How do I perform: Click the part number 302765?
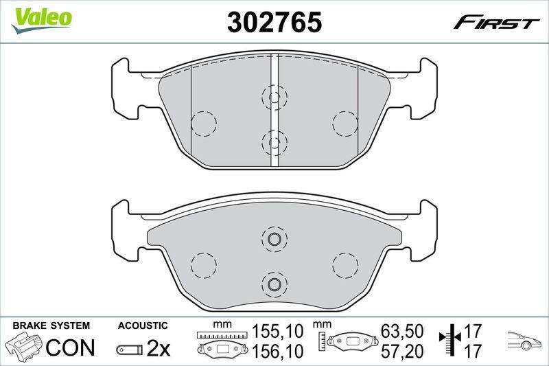coord(274,23)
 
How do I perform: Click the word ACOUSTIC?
coord(143,325)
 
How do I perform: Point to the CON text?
coord(70,347)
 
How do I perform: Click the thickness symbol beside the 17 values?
coord(449,341)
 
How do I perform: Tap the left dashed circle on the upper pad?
coord(203,124)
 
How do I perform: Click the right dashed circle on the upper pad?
coord(345,124)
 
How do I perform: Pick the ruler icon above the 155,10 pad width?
coord(220,334)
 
